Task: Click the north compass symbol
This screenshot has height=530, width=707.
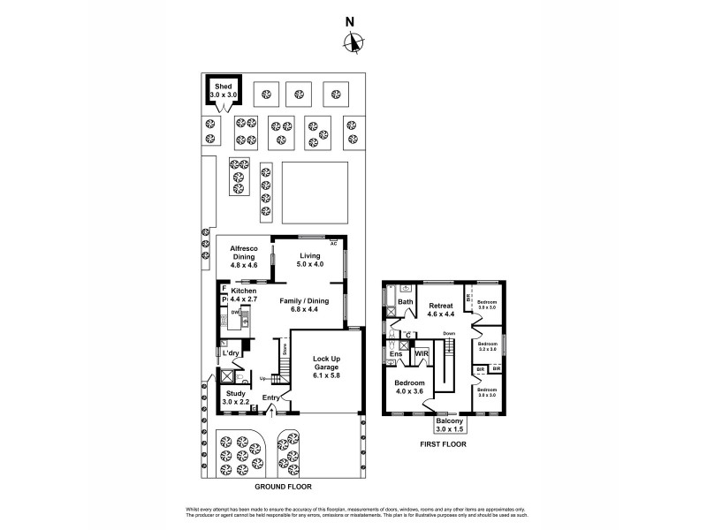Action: (x=354, y=42)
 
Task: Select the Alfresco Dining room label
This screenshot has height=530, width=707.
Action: (x=244, y=252)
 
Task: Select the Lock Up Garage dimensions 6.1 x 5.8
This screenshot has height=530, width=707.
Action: (x=325, y=375)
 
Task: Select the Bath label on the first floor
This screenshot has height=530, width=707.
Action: (x=405, y=301)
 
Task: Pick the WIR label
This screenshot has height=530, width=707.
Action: (x=422, y=353)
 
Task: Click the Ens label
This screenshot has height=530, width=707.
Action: (x=396, y=354)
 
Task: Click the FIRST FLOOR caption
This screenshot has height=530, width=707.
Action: (x=444, y=443)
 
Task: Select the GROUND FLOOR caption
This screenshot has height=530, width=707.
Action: (x=283, y=487)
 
